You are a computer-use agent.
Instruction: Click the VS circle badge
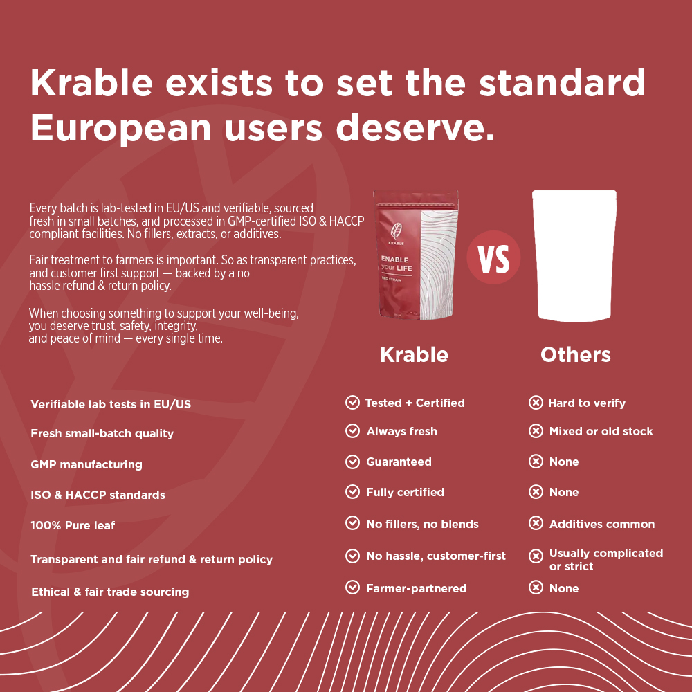[x=493, y=257]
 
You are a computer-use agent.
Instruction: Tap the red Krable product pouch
[x=415, y=255]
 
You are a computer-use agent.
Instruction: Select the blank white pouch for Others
[x=574, y=255]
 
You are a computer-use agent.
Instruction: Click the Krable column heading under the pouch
[x=414, y=354]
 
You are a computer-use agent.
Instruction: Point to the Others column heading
[x=576, y=354]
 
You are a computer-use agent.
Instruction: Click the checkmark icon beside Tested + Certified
[x=352, y=403]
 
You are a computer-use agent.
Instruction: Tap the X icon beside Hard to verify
[x=536, y=403]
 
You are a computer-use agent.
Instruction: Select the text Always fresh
[x=401, y=431]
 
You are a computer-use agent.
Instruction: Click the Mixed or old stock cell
[x=601, y=431]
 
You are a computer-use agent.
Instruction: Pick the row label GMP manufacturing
[x=86, y=464]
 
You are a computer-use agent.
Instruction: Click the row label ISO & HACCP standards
[x=98, y=495]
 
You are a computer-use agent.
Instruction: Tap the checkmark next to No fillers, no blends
[x=352, y=523]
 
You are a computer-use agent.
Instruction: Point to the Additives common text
[x=602, y=524]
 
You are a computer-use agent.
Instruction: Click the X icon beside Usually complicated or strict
[x=536, y=556]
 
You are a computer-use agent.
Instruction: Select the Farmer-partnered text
[x=416, y=588]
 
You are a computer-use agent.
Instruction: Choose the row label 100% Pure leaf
[x=73, y=525]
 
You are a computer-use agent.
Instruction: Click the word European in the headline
[x=120, y=129]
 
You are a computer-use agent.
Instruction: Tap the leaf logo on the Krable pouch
[x=396, y=231]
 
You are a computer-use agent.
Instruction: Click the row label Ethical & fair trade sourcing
[x=110, y=592]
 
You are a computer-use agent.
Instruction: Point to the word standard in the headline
[x=562, y=82]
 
